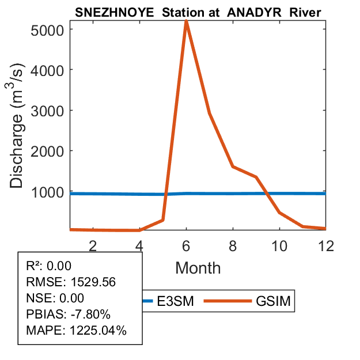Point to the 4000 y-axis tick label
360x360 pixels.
pos(50,70)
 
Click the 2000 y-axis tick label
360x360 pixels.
pos(50,151)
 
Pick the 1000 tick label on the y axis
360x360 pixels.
pos(50,192)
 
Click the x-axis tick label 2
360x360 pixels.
pos(93,245)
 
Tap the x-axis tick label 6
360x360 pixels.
pos(186,245)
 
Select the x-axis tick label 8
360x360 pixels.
pos(233,245)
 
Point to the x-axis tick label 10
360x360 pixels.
pos(279,245)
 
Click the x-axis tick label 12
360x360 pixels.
pos(326,245)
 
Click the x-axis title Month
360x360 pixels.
pos(198,267)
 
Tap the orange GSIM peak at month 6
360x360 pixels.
pos(186,21)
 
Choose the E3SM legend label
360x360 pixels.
pos(175,301)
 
